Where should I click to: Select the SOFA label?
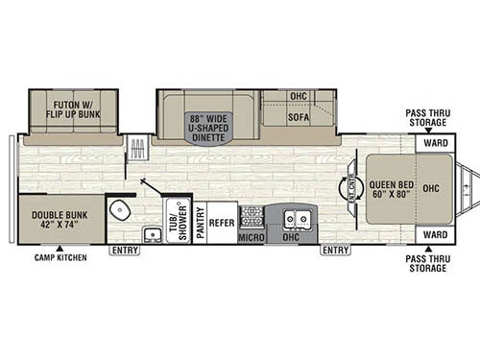tap(300, 117)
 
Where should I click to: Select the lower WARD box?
tap(435, 233)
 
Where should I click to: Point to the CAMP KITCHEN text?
tap(60, 258)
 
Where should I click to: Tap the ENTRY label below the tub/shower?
tap(124, 251)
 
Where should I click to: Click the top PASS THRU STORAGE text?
tap(425, 118)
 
